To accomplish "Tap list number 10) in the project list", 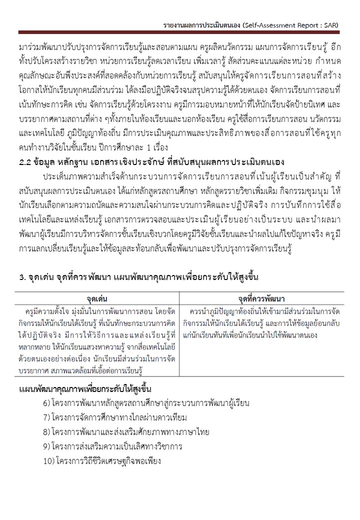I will click(48, 460).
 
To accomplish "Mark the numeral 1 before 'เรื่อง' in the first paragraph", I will click(142, 148).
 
